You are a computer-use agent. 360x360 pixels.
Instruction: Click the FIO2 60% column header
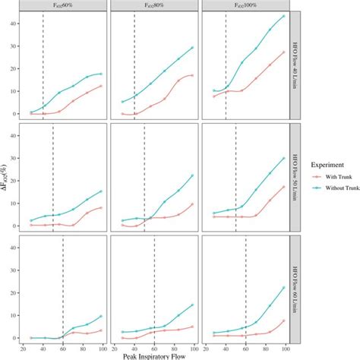(x=65, y=6)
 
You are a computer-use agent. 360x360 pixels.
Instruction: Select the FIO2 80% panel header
(x=155, y=6)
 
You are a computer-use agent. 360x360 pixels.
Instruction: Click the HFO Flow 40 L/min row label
(x=297, y=65)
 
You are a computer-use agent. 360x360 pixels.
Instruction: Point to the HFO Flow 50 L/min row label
(x=297, y=178)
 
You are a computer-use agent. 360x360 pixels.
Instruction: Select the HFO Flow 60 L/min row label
(x=297, y=290)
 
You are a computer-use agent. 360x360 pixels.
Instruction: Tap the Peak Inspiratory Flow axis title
(x=154, y=355)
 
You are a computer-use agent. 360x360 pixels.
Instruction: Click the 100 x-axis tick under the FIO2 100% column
(x=285, y=346)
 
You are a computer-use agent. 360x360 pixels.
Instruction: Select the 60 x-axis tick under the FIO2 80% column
(x=155, y=346)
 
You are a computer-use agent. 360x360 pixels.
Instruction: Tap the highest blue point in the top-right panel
(x=284, y=16)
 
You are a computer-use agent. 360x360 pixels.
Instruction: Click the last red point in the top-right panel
(x=284, y=52)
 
